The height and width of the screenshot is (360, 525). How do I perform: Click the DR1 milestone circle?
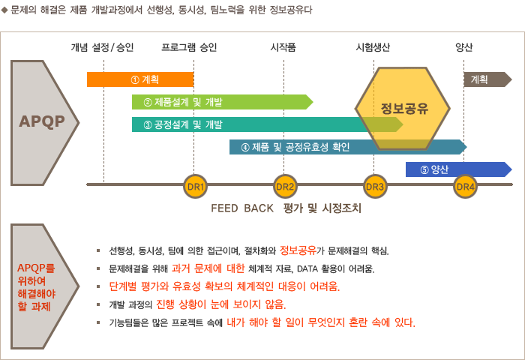click(195, 187)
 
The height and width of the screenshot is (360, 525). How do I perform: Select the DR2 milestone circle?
click(285, 187)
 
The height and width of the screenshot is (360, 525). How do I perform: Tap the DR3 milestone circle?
click(375, 187)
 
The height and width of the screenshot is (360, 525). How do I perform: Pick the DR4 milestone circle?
click(466, 187)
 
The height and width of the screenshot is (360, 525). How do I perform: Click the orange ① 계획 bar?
click(140, 79)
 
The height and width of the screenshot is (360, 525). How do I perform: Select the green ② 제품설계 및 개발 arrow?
click(222, 102)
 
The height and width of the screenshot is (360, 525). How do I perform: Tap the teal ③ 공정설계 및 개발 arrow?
click(267, 124)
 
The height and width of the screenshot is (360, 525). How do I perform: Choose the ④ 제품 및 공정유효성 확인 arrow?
click(348, 147)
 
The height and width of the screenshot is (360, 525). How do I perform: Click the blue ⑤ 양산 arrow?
click(459, 169)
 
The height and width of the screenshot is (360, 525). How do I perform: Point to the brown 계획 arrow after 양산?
click(487, 79)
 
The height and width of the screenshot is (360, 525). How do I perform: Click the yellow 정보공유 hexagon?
click(403, 109)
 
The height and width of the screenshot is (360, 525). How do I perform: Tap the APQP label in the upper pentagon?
click(42, 121)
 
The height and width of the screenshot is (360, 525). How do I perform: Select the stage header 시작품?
click(283, 47)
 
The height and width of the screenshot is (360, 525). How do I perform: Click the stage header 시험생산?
click(373, 47)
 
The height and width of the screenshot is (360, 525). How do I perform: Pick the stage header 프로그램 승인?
click(189, 47)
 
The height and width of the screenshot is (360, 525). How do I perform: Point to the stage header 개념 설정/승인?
click(102, 47)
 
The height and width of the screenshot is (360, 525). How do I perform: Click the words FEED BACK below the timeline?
click(242, 208)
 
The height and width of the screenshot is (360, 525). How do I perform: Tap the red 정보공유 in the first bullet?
click(298, 250)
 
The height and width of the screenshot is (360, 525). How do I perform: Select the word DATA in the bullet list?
click(307, 269)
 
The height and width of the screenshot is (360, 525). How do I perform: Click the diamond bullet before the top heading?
click(4, 10)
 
